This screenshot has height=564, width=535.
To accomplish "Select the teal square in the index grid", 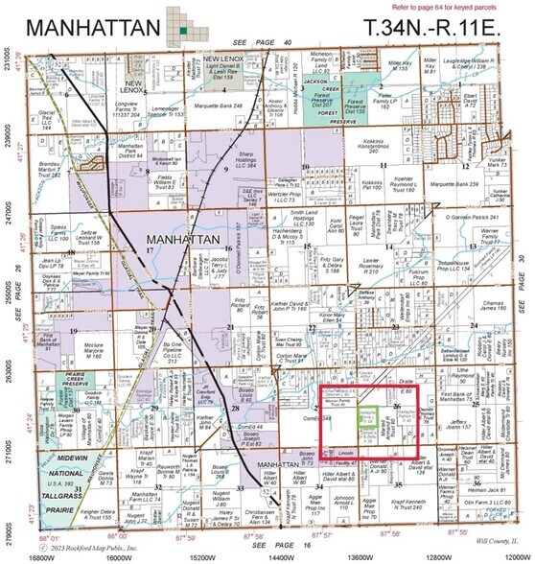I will [x=181, y=32].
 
